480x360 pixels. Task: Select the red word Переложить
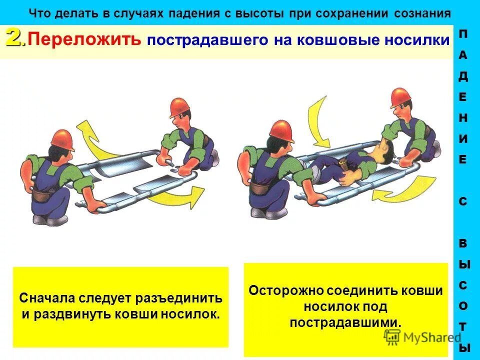(x=83, y=40)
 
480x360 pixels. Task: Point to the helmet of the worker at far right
(x=400, y=97)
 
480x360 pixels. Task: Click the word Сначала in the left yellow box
(x=47, y=299)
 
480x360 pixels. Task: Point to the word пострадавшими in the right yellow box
(x=345, y=322)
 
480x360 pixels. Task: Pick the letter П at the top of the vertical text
(x=463, y=34)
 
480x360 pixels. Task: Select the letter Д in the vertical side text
(x=463, y=76)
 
